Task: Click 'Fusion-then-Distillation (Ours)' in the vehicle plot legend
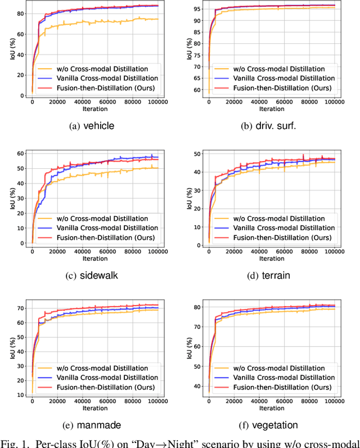click(x=105, y=89)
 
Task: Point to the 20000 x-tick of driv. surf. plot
click(x=234, y=102)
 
